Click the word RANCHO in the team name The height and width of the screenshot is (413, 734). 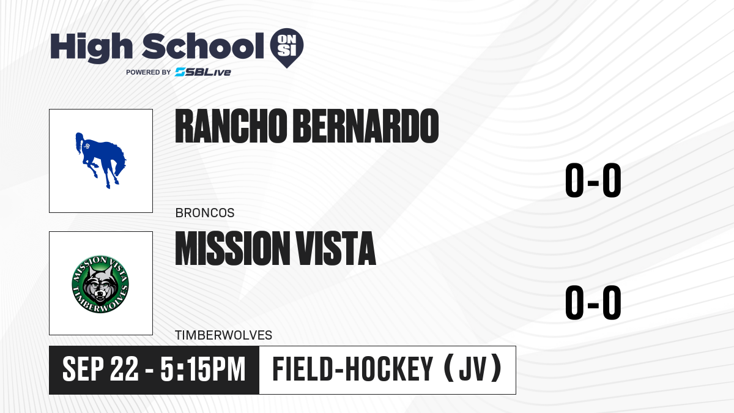[231, 126]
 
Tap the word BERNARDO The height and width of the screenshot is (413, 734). [366, 126]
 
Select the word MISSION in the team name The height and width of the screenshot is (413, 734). [232, 248]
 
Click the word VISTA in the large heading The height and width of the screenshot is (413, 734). [336, 248]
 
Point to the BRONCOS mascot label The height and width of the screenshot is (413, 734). [205, 213]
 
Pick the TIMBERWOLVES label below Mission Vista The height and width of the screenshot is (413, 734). [223, 335]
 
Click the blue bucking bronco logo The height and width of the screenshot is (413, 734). [100, 160]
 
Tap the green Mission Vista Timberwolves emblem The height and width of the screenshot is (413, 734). [100, 284]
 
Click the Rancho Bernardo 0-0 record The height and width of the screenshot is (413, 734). [593, 180]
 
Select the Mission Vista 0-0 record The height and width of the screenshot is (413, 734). [593, 302]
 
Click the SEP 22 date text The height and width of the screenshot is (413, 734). [100, 369]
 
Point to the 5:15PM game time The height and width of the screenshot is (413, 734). [203, 369]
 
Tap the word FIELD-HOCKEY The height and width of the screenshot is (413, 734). [352, 369]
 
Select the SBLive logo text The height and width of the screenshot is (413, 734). [203, 72]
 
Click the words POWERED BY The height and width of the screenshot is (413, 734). [149, 72]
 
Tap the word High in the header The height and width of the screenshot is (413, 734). [91, 48]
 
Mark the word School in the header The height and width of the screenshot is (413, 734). [203, 46]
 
